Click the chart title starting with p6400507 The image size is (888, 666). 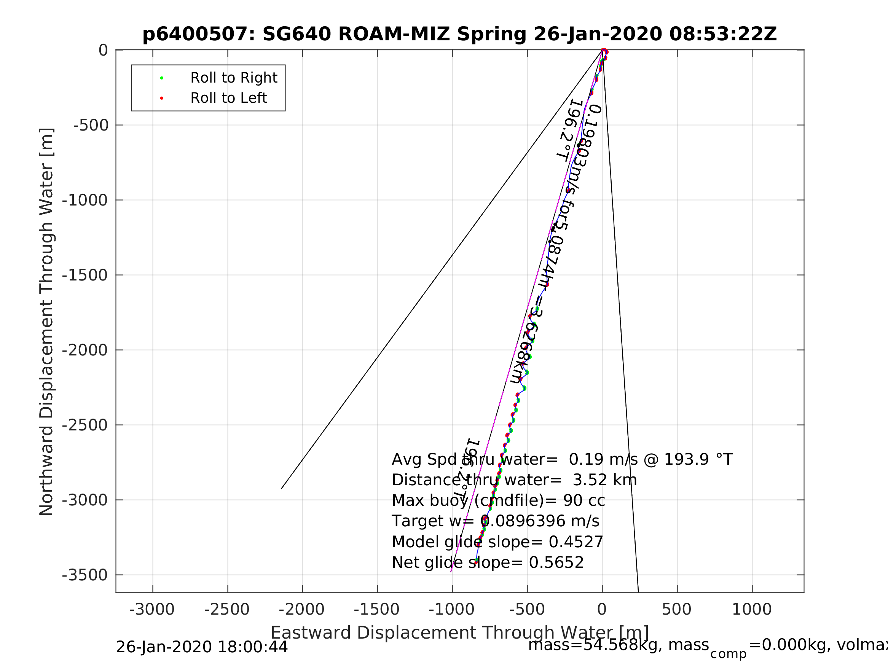coord(460,34)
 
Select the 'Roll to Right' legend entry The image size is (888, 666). coord(234,78)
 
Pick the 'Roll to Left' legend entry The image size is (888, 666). coord(228,98)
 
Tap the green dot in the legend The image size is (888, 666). coord(162,78)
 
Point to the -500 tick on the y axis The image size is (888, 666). coord(91,125)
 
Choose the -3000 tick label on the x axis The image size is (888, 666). coord(152,609)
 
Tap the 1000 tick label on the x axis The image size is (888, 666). coord(751,609)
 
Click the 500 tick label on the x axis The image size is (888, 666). coord(676,609)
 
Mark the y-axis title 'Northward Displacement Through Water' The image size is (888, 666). coord(46,322)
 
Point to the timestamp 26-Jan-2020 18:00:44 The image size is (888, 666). coord(201,647)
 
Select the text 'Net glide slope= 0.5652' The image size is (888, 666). coord(488,563)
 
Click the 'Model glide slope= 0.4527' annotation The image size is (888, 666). coord(497,542)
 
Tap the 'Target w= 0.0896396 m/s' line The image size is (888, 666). coord(496,521)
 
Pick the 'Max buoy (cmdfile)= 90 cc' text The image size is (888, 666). coord(498,500)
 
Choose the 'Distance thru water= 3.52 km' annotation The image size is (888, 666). coord(514,480)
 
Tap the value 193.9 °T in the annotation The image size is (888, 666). coord(698,460)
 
